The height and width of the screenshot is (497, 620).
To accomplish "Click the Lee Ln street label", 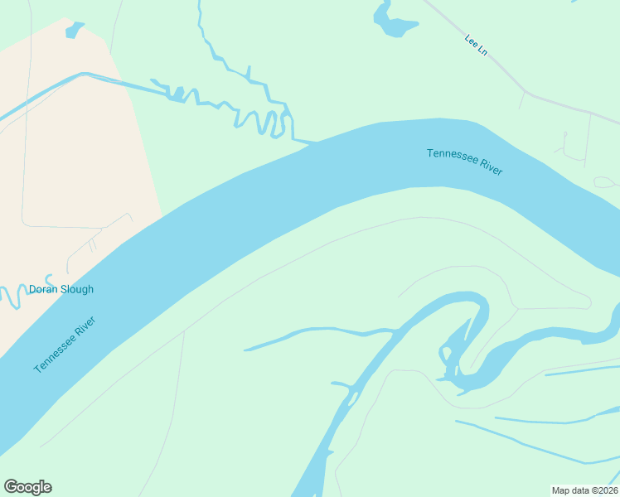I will [x=476, y=45].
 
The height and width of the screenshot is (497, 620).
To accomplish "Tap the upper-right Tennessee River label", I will [x=464, y=160].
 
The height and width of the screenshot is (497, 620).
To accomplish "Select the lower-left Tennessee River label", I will [x=65, y=345].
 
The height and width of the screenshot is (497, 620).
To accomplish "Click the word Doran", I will [x=43, y=290].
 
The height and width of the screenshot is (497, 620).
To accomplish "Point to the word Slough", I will [x=76, y=290].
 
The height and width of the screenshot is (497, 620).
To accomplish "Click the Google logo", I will [x=27, y=487].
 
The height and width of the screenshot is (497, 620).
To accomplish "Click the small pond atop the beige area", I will [x=74, y=31].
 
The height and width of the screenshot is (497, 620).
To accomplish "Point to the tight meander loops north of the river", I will [x=265, y=121].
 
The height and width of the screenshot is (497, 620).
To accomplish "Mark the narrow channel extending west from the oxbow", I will [x=315, y=333].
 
